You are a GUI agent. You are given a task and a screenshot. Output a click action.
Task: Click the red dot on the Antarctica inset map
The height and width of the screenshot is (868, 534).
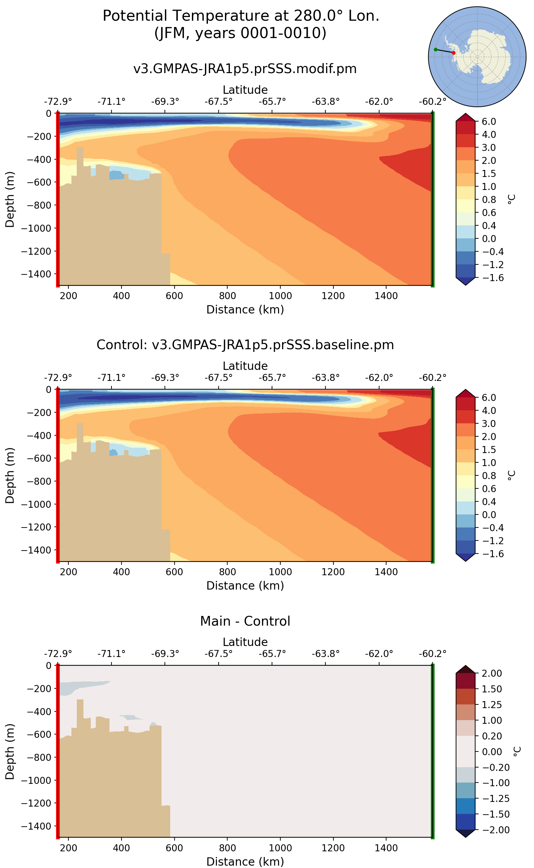point(454,53)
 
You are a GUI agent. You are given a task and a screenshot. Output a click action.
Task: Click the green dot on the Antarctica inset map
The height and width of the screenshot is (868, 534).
point(436,49)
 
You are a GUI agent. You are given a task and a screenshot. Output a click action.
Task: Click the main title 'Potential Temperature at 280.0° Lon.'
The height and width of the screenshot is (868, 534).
point(241,16)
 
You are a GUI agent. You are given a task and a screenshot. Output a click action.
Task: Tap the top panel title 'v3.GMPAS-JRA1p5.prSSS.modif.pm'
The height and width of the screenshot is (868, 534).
point(245,68)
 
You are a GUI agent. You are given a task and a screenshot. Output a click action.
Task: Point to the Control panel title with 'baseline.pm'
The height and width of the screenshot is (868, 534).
point(245,345)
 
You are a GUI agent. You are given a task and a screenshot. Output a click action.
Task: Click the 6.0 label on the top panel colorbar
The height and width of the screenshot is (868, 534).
point(489,121)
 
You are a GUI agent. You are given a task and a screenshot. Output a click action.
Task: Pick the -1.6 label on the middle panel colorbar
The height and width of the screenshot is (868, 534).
point(489,554)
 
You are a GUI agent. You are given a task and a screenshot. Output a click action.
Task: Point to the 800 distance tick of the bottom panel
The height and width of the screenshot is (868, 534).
point(227,848)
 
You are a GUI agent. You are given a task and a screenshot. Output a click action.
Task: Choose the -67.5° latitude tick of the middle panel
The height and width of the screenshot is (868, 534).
point(218,378)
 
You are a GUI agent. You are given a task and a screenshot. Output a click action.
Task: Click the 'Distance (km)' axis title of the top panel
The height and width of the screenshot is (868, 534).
point(245,309)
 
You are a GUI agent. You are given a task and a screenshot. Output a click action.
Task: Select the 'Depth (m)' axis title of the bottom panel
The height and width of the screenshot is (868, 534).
point(10,751)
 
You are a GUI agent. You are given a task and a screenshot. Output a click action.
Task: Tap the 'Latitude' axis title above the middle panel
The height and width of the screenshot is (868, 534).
point(245,366)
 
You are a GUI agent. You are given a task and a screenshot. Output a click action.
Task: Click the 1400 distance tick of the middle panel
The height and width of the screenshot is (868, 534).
point(386,572)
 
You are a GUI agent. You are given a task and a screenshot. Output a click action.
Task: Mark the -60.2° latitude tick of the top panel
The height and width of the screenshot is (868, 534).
point(432,102)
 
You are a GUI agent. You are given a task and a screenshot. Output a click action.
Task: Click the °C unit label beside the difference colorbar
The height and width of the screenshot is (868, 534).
point(516,751)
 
